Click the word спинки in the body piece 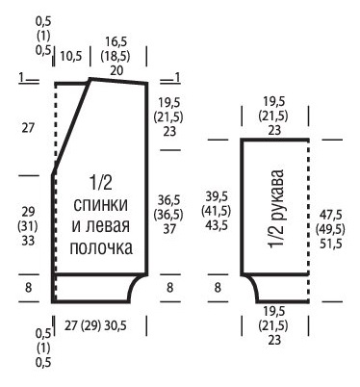[x=101, y=205]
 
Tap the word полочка [x=101, y=249]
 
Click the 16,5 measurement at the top [x=116, y=41]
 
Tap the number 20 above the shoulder [x=116, y=69]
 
